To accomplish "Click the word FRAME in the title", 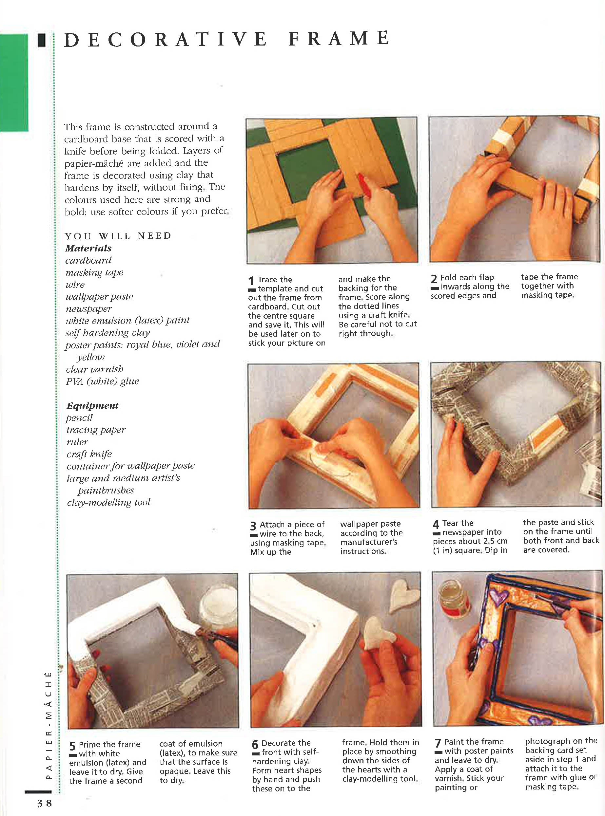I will coord(339,39).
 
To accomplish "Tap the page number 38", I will coord(44,804).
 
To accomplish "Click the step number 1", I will coord(251,281).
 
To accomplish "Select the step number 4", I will coord(436,524).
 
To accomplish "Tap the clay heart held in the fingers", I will coord(377,634).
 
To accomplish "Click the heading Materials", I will coord(88,248).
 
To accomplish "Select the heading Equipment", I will coord(92,405).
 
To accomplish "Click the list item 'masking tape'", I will coord(94,272).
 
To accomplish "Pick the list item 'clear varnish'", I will coord(94,369).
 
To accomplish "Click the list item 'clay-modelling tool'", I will coord(108,502).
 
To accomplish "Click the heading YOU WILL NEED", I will coord(118,236).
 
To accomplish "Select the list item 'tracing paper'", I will coord(96,430).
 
